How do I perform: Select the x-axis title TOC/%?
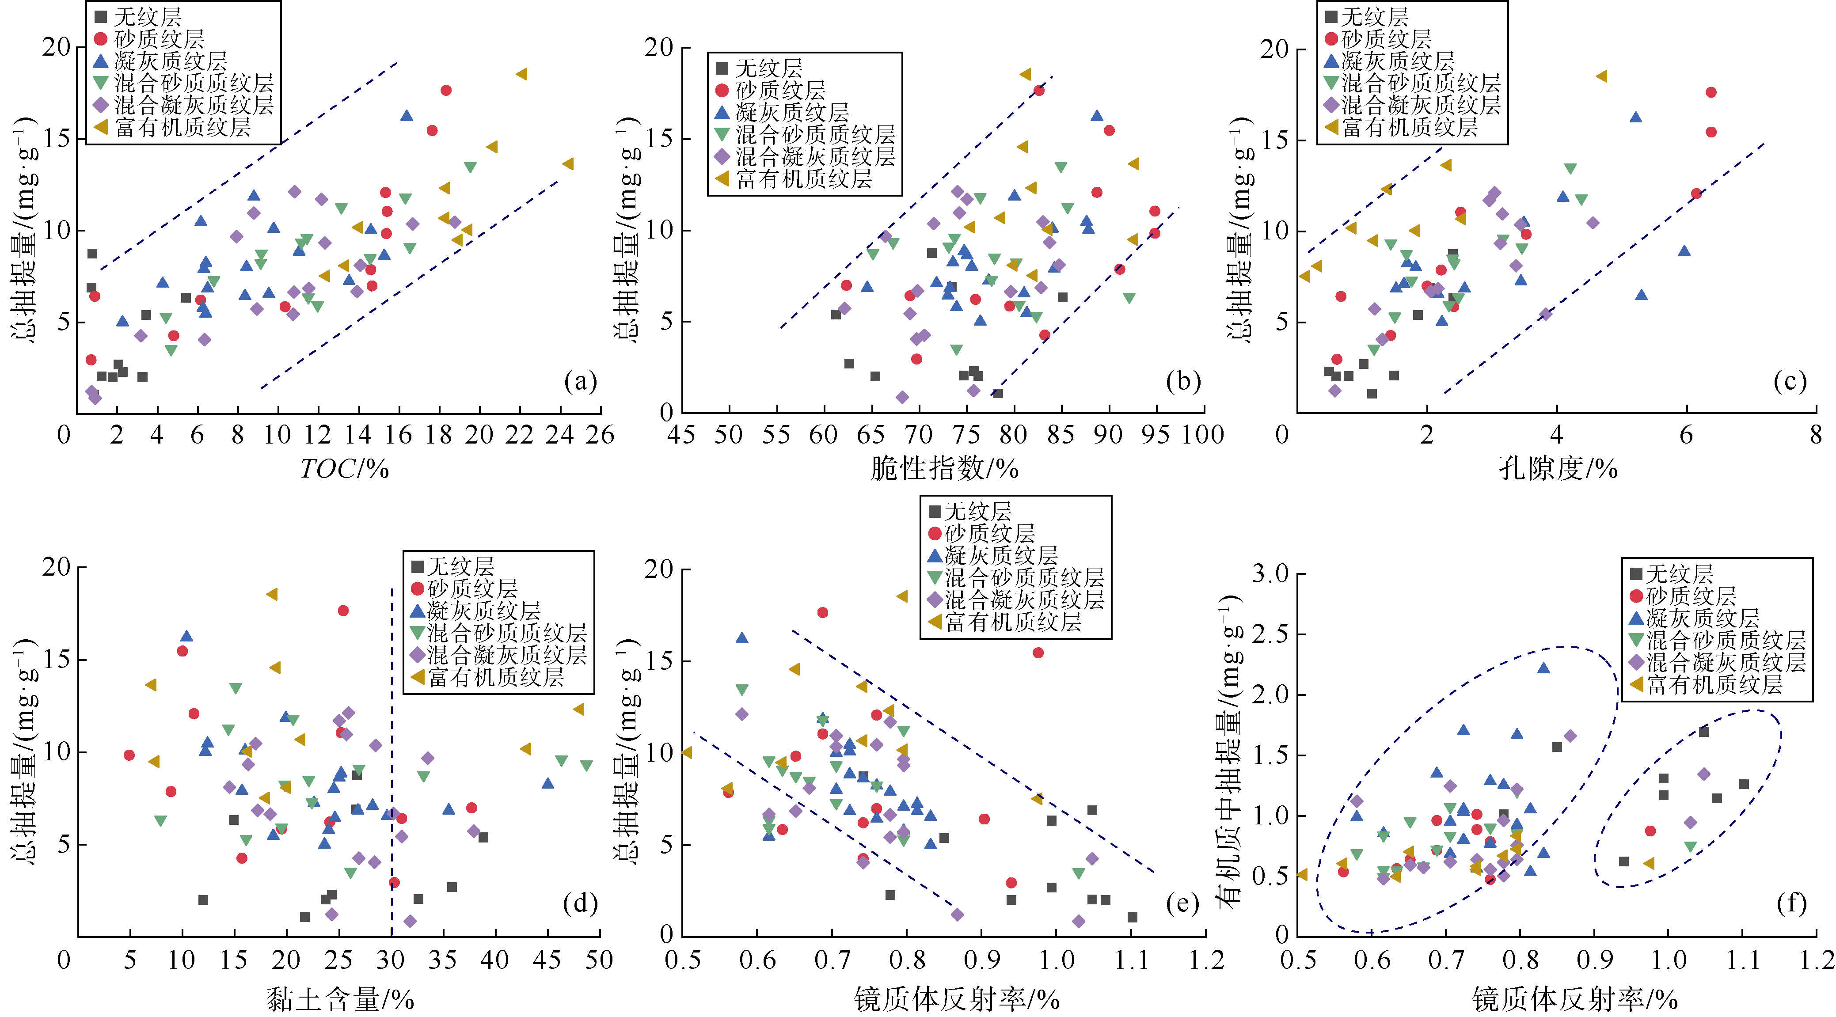(x=344, y=469)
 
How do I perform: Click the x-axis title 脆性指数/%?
(x=944, y=469)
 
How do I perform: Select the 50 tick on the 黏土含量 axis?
(x=599, y=960)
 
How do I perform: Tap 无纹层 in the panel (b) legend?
(x=768, y=68)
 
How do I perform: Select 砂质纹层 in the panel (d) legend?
(x=472, y=588)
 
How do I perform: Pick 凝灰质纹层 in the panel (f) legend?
(x=1703, y=618)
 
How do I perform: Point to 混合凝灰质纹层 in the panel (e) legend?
(x=1024, y=600)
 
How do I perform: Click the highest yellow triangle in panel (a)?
(x=522, y=74)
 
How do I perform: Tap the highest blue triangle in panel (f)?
(x=1544, y=668)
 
